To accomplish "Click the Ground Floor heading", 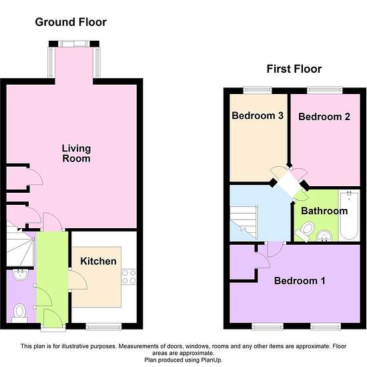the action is point(71,22).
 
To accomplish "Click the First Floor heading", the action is point(294,69).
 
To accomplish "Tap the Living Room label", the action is point(76,153).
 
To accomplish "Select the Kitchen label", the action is point(98,261).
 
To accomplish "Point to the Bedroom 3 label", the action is point(258,115).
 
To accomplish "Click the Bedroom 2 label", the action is point(324,117).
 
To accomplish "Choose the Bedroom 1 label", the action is point(300,281).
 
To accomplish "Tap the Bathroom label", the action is point(324,211).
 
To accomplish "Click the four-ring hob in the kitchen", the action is point(129,277).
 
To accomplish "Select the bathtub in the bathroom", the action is point(349,215).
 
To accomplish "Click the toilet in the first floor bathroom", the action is point(305,231).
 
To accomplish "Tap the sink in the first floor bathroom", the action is point(324,236).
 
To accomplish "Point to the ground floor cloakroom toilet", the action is point(19,313).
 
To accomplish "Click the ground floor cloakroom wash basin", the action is point(21,275).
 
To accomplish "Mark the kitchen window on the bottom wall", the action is point(103,326).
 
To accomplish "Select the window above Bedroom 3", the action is point(258,91).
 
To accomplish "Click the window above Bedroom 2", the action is point(325,91).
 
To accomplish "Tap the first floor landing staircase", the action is point(244,222).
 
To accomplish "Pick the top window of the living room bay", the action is point(74,44).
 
